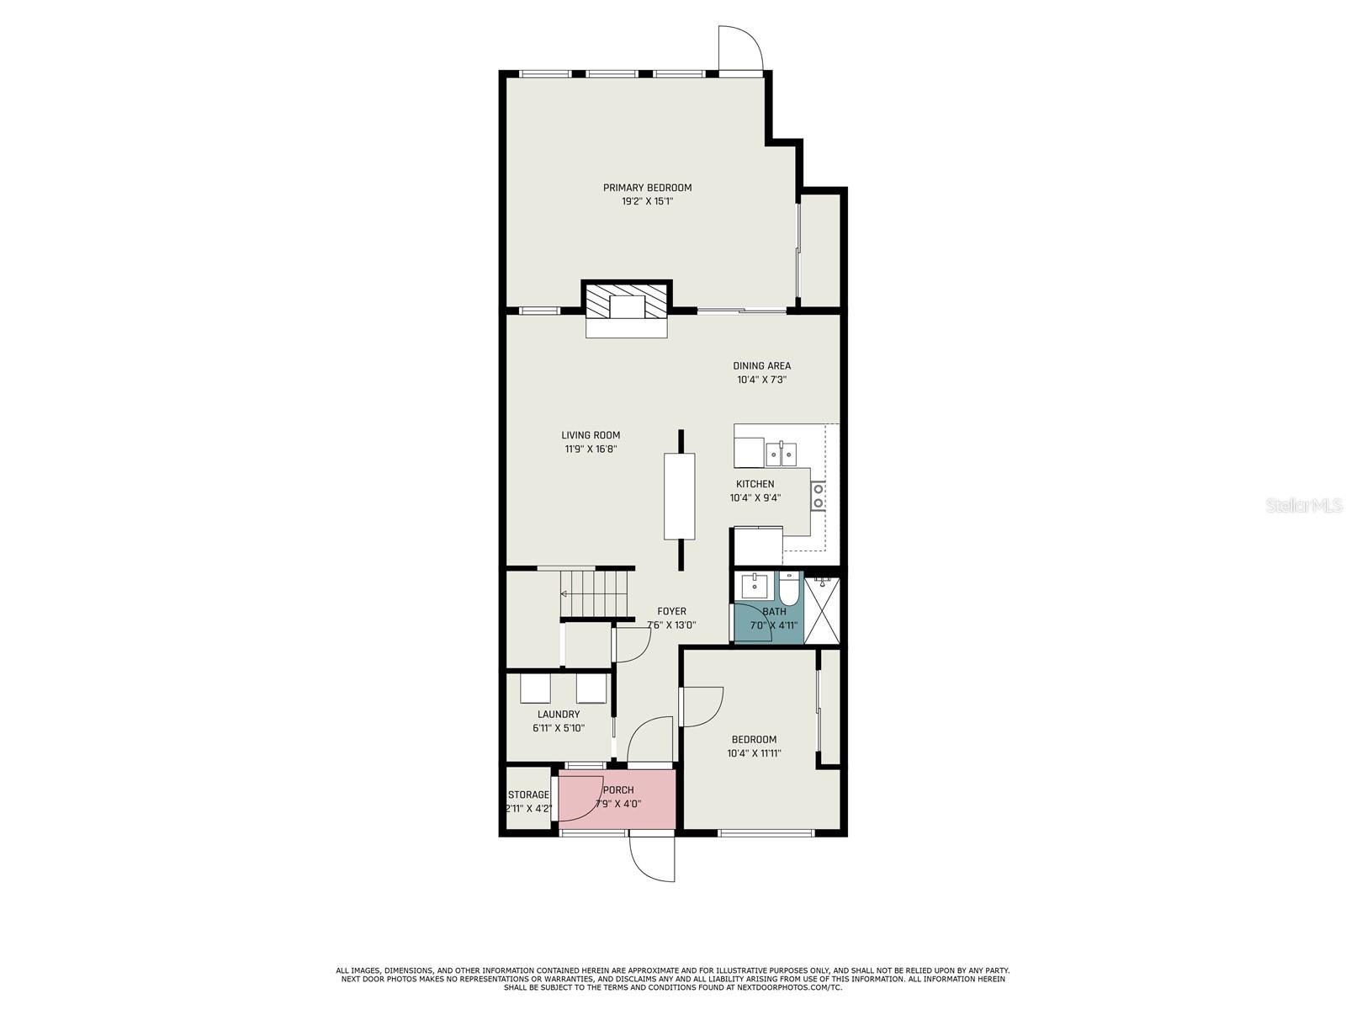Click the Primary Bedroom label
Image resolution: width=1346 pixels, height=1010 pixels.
(x=647, y=188)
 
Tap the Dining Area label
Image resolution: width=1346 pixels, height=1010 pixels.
(x=761, y=365)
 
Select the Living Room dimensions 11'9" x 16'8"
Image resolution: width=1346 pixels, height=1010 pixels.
(x=591, y=449)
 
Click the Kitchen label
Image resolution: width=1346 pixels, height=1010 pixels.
(x=755, y=484)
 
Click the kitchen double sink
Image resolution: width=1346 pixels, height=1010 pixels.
(x=782, y=454)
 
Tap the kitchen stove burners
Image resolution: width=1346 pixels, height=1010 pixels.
(x=818, y=496)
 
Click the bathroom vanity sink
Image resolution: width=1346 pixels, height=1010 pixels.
(x=754, y=587)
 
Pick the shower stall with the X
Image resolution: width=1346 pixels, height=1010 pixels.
(x=821, y=610)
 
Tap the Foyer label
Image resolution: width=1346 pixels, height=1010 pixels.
(x=671, y=611)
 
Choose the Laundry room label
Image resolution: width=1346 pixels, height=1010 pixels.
(x=558, y=714)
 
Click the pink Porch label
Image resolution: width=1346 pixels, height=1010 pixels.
(x=618, y=789)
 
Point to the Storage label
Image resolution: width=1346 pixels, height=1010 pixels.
(x=528, y=795)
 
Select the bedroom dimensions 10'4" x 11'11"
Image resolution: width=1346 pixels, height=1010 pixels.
(x=754, y=753)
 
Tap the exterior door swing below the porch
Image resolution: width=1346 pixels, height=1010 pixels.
(x=641, y=866)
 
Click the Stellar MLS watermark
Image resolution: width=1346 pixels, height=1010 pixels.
(x=1304, y=505)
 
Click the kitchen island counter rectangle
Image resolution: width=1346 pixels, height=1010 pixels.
(x=680, y=497)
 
